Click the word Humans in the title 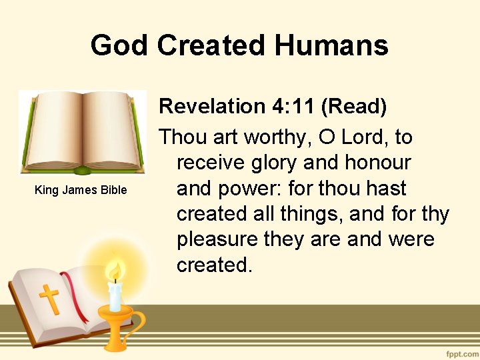point(331,45)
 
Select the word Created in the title point(211,45)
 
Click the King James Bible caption point(81,190)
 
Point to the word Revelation point(212,106)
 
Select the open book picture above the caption point(82,133)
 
